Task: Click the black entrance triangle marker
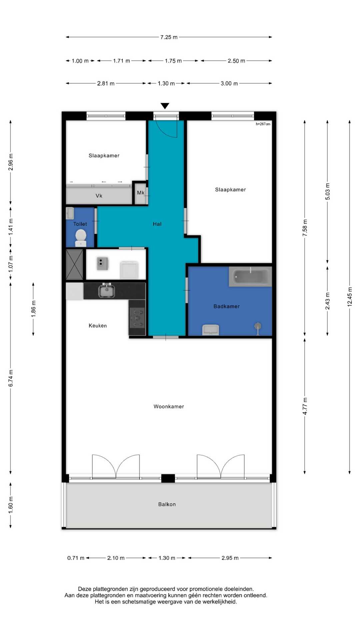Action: point(165,106)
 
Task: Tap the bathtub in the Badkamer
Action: point(250,277)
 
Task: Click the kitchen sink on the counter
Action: point(107,290)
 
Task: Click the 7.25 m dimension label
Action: point(169,37)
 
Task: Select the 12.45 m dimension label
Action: point(350,296)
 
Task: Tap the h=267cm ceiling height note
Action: point(263,124)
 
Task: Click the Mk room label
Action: point(141,193)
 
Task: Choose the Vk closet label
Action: point(99,196)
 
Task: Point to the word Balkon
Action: point(167,504)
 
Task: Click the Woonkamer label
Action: point(169,406)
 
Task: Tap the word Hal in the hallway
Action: point(157,224)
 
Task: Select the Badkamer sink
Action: point(211,330)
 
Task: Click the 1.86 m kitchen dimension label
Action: point(33,309)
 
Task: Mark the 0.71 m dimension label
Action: point(76,558)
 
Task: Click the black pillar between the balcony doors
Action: point(168,478)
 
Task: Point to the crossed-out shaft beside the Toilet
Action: point(75,264)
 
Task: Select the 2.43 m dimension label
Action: point(327,301)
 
